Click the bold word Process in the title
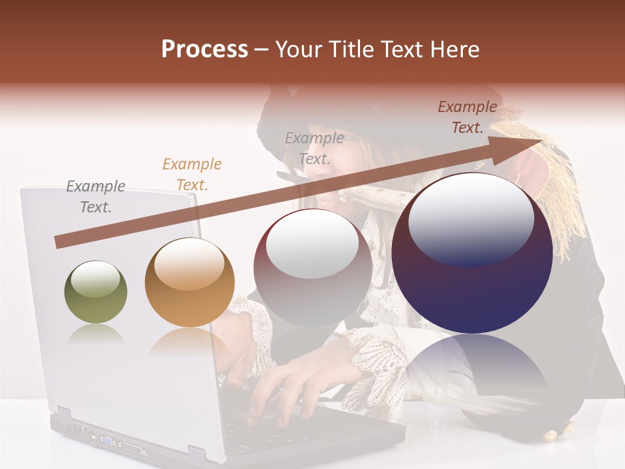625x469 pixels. [x=204, y=49]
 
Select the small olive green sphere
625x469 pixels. [x=96, y=292]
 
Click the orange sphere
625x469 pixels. [x=189, y=282]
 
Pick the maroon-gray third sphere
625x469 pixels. [x=312, y=267]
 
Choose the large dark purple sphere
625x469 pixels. [x=472, y=254]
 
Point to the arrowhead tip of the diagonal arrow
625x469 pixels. [x=542, y=141]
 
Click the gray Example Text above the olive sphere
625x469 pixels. [x=96, y=196]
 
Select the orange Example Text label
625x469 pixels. [x=192, y=174]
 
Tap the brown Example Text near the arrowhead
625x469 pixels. [x=467, y=117]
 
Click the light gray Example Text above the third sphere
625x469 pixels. [x=314, y=148]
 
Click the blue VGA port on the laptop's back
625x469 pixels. [x=105, y=440]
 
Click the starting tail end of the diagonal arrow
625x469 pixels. [x=59, y=242]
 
